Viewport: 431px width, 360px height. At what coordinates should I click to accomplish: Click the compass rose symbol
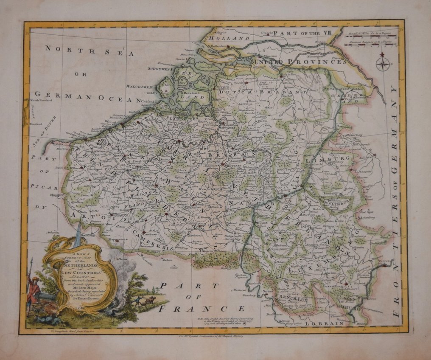pos(383,64)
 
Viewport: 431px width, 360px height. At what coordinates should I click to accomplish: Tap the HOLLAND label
pos(223,38)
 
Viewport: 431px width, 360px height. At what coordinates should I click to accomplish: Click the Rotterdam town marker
pos(228,46)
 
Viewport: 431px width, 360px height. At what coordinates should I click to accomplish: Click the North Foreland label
pos(41,101)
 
